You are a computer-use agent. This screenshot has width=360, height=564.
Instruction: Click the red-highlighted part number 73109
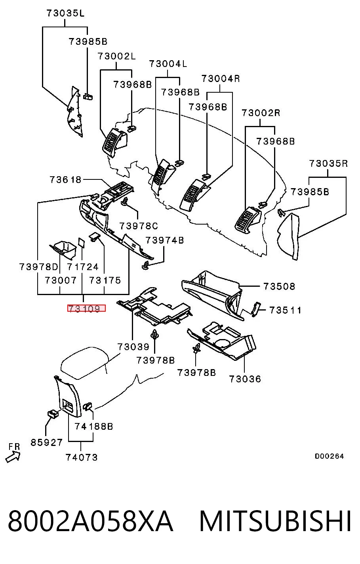pyautogui.click(x=86, y=308)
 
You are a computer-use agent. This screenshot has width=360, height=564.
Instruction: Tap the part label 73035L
pyautogui.click(x=65, y=13)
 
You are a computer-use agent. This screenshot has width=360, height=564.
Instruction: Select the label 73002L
pyautogui.click(x=116, y=56)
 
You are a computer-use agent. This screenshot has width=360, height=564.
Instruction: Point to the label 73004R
pyautogui.click(x=221, y=79)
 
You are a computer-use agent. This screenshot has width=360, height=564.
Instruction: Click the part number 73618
pyautogui.click(x=65, y=180)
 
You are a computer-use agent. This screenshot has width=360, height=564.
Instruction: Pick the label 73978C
pyautogui.click(x=139, y=226)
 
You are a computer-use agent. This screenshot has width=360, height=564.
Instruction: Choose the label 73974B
pyautogui.click(x=165, y=240)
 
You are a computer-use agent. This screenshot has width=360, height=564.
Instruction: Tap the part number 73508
pyautogui.click(x=279, y=286)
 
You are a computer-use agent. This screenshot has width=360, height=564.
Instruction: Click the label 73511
pyautogui.click(x=285, y=311)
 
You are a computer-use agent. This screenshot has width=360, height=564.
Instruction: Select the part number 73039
pyautogui.click(x=133, y=347)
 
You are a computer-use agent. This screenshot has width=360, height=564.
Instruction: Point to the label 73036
pyautogui.click(x=245, y=379)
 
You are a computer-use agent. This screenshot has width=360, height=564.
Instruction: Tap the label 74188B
pyautogui.click(x=94, y=427)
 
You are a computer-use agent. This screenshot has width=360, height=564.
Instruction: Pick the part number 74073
pyautogui.click(x=82, y=457)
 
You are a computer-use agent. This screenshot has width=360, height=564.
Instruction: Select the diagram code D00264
pyautogui.click(x=329, y=456)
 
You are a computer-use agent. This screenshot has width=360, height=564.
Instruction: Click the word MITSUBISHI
pyautogui.click(x=275, y=521)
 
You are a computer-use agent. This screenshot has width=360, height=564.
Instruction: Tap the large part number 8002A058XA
pyautogui.click(x=91, y=521)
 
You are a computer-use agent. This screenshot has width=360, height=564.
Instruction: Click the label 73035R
pyautogui.click(x=329, y=164)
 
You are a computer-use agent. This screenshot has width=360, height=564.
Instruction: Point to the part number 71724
pyautogui.click(x=82, y=267)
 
